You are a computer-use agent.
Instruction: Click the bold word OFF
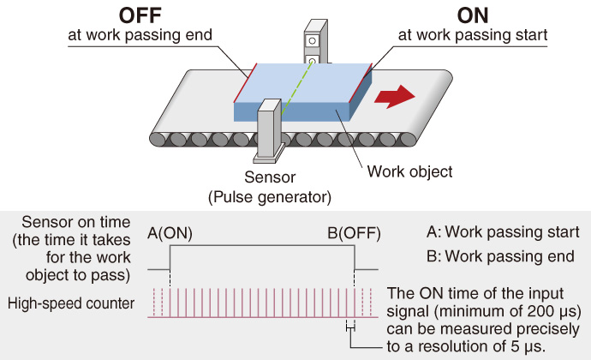click(140, 15)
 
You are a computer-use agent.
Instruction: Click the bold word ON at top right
click(473, 15)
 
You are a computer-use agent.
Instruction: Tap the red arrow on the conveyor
click(395, 97)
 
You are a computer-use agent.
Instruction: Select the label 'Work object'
click(409, 171)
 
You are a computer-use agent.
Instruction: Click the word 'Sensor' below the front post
click(270, 177)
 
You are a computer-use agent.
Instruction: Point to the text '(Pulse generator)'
click(270, 197)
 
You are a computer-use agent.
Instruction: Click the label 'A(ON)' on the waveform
click(170, 233)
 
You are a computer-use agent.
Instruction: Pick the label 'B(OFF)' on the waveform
click(354, 233)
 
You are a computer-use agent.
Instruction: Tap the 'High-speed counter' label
click(71, 303)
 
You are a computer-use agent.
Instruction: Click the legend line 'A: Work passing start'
click(503, 231)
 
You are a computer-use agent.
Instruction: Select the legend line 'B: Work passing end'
click(500, 256)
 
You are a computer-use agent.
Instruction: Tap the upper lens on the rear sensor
click(312, 40)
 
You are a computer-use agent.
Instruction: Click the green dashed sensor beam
click(297, 88)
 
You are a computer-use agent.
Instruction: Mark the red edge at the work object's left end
click(245, 82)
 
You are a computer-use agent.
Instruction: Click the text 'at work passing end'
click(140, 35)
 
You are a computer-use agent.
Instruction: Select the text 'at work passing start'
click(473, 35)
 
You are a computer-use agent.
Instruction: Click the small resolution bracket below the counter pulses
click(350, 328)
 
